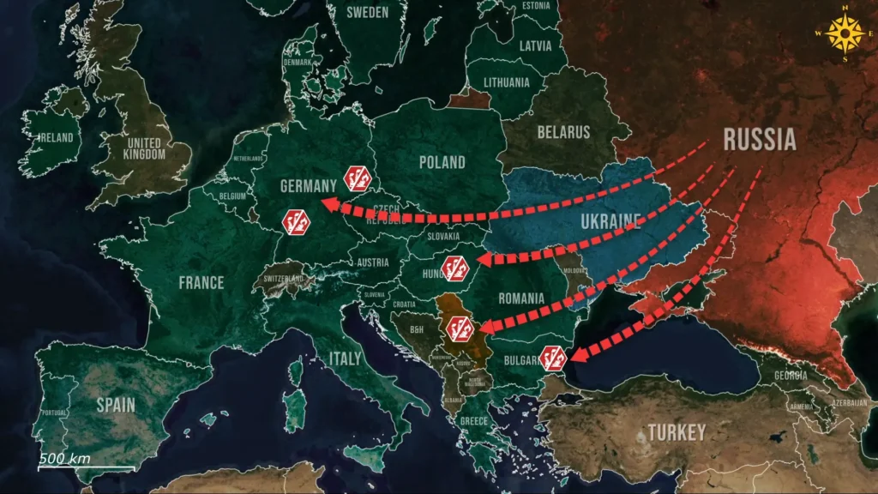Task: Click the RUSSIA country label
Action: click(x=760, y=139)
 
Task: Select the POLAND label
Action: click(x=442, y=162)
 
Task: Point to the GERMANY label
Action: click(x=310, y=186)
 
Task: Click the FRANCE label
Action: click(x=201, y=282)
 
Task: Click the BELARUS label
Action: click(x=563, y=132)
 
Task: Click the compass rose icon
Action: click(x=846, y=34)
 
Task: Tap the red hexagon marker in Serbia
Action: click(x=460, y=328)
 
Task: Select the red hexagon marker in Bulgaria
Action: click(x=553, y=356)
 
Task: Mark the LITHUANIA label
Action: click(x=506, y=83)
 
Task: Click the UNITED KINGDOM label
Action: click(x=144, y=148)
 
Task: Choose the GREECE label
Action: click(x=473, y=421)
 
